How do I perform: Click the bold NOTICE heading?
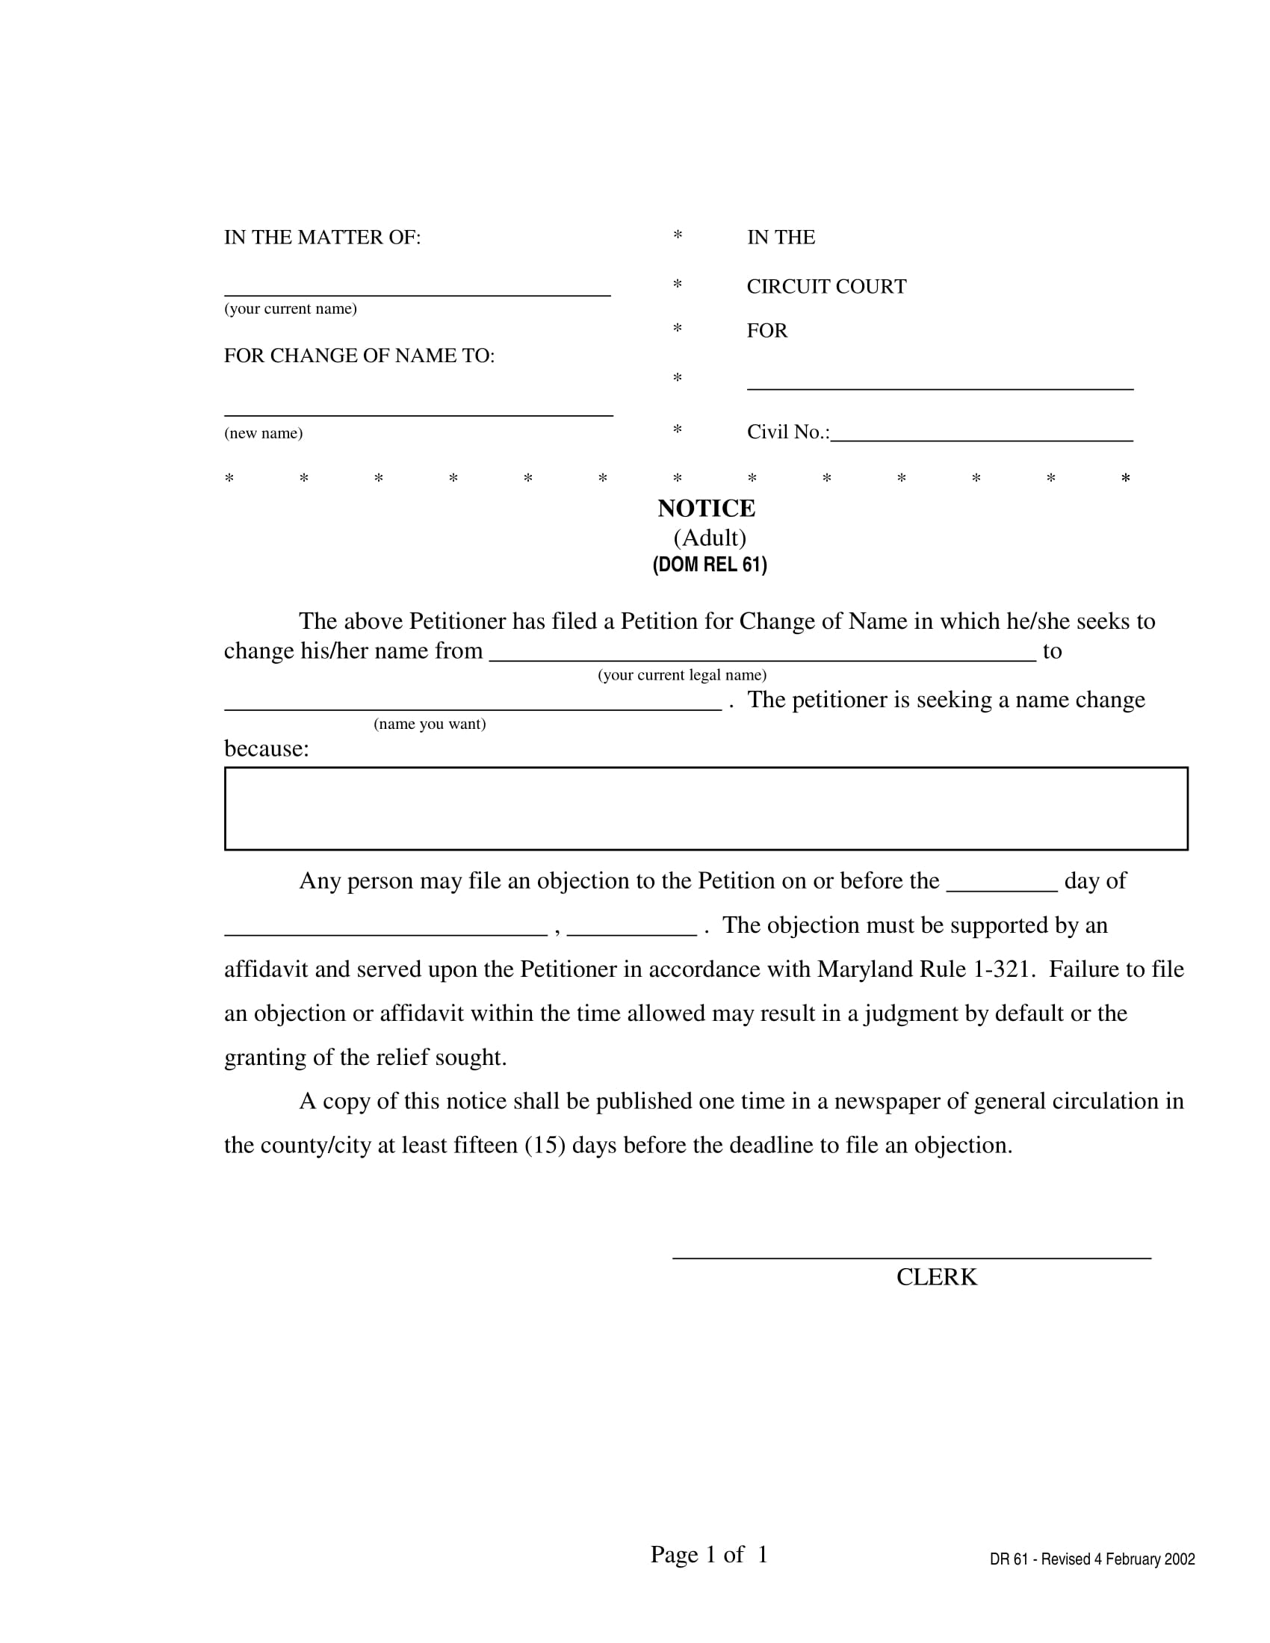tap(706, 509)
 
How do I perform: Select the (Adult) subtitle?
tap(710, 538)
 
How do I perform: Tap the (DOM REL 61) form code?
tap(710, 565)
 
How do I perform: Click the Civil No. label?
tap(787, 432)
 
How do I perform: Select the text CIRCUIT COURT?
tap(826, 287)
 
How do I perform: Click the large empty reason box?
tap(706, 809)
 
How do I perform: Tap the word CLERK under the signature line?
tap(936, 1277)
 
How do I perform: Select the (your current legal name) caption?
tap(681, 675)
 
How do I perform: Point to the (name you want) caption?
tap(430, 724)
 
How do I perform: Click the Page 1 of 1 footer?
tap(709, 1554)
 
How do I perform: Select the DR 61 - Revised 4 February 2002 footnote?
tap(1091, 1559)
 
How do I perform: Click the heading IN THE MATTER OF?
tap(322, 237)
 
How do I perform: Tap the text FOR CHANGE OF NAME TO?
tap(359, 355)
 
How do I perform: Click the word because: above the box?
tap(267, 748)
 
